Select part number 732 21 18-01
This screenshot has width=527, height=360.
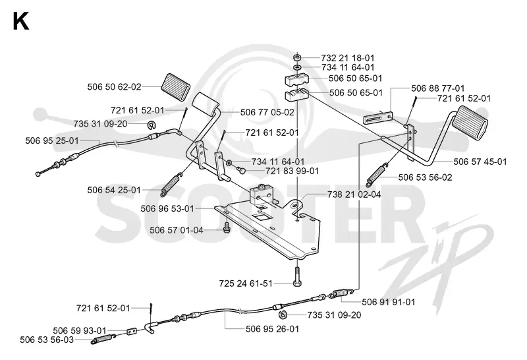348,58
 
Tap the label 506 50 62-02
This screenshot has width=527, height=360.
114,87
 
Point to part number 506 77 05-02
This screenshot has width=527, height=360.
267,112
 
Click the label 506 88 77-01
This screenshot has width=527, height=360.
438,88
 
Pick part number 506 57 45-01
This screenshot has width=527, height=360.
480,162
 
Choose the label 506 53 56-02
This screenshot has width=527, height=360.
425,177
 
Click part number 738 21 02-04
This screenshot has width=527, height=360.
354,195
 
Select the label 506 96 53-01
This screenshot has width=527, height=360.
167,209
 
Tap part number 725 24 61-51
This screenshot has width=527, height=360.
246,284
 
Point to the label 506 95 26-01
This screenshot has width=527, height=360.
272,329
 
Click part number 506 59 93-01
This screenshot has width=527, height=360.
80,331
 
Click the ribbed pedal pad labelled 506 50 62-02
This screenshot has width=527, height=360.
175,86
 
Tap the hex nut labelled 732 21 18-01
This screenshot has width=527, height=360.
297,57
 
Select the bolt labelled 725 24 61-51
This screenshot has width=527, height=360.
297,276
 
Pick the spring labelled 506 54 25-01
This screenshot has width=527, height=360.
172,184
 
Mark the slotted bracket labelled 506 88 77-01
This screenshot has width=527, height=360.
377,117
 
